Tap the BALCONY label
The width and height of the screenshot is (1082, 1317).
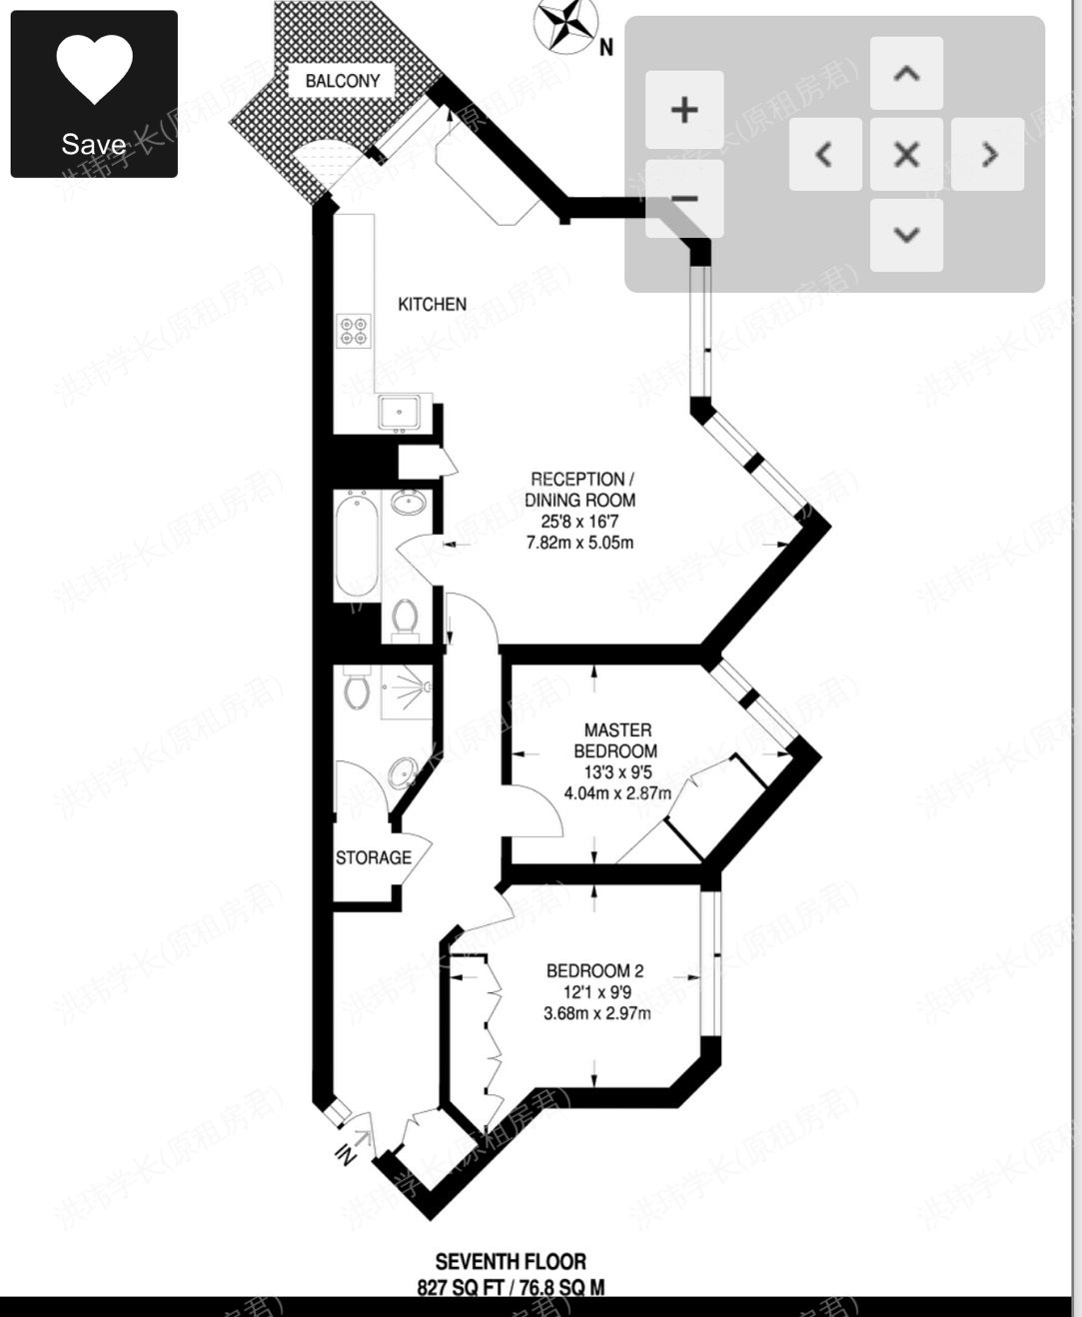342,81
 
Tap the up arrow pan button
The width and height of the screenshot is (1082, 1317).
906,73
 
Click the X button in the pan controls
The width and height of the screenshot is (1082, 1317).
906,154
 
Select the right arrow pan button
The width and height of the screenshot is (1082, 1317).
987,154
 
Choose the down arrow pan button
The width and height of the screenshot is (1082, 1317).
906,235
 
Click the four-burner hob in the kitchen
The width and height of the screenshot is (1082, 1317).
354,331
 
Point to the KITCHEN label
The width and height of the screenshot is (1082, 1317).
432,304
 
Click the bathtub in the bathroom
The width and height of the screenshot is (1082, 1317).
357,546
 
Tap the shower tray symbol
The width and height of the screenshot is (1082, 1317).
407,690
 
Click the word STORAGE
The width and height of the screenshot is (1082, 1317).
373,857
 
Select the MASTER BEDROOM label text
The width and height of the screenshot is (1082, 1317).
616,740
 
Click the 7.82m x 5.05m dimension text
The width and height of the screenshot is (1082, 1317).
579,543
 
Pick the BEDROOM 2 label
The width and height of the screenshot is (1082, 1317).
594,970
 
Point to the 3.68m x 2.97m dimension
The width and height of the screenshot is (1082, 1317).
596,1013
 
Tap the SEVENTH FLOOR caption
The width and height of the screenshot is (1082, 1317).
511,1261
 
